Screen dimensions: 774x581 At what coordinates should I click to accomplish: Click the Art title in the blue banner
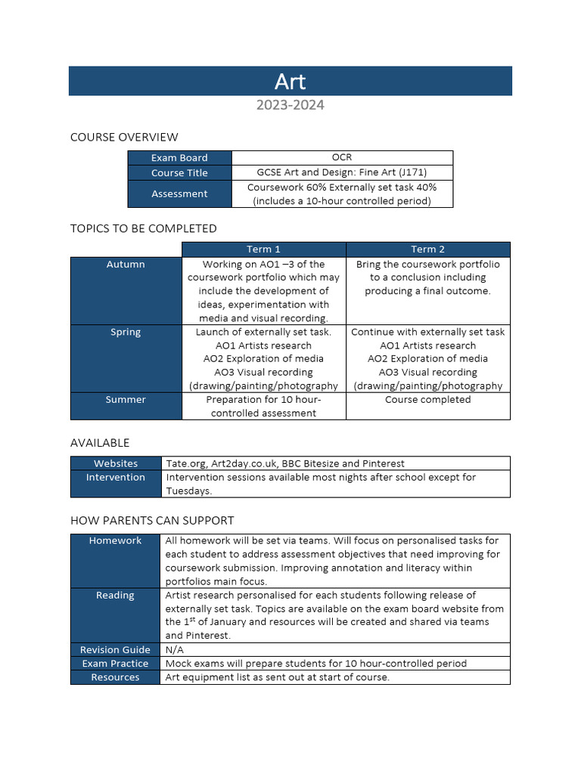point(290,81)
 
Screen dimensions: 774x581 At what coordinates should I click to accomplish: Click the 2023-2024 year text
point(290,105)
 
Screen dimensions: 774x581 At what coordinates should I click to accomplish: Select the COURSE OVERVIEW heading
point(124,137)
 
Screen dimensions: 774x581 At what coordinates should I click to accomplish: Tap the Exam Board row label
point(179,158)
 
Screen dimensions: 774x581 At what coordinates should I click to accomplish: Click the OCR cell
point(342,157)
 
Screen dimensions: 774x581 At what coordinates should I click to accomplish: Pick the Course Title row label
point(179,173)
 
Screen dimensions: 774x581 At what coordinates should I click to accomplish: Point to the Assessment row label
point(179,193)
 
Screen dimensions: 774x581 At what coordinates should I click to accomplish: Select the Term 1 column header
point(263,249)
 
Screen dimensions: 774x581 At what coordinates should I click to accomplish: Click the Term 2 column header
point(428,249)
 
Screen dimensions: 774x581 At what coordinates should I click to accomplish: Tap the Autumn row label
point(126,265)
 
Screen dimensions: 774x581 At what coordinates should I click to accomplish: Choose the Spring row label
point(126,332)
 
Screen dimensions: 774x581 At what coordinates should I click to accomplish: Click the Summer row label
point(126,399)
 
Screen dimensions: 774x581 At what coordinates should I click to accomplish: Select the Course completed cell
point(428,399)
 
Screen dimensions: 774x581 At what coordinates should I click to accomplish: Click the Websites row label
point(116,463)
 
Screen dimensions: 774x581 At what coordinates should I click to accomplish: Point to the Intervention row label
point(116,477)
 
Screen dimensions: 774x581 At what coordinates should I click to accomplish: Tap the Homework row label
point(115,540)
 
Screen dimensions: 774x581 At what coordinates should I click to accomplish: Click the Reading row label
point(115,595)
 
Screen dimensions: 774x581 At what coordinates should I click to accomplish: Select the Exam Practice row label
point(115,663)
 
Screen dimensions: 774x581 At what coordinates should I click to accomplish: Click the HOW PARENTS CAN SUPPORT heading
point(152,520)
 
